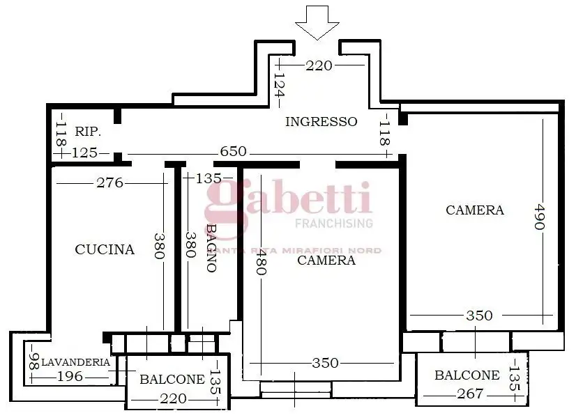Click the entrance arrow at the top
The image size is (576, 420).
[x=316, y=20]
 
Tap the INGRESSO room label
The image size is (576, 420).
[x=321, y=122]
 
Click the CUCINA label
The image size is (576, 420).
[x=105, y=249]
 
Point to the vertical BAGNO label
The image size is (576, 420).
[x=211, y=247]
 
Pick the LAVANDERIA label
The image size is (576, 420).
[x=75, y=362]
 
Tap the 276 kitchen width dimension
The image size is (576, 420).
[x=109, y=183]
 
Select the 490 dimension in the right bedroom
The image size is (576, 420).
[x=539, y=220]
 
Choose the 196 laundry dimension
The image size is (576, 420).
[x=69, y=377]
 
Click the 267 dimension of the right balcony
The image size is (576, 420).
[x=470, y=394]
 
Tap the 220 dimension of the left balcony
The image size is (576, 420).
[x=173, y=398]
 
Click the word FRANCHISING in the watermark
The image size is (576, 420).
[x=334, y=224]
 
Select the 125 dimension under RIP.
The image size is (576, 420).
[x=85, y=153]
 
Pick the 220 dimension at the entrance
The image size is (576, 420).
[x=319, y=65]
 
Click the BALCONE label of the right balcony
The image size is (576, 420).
[x=467, y=375]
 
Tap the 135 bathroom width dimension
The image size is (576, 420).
[x=209, y=179]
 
